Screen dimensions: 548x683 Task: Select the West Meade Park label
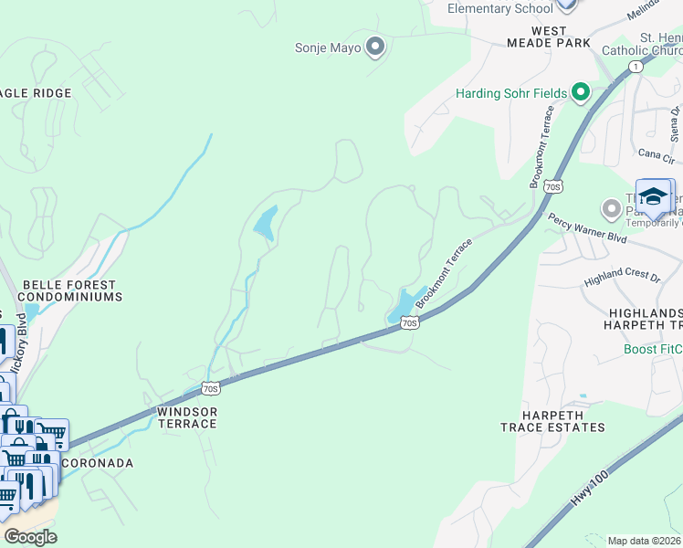tap(548, 37)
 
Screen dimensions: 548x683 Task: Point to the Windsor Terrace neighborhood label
tap(186, 417)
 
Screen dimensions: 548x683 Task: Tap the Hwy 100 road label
tap(583, 493)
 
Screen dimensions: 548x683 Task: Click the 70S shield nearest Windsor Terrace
tap(210, 389)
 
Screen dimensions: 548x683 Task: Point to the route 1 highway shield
tap(636, 67)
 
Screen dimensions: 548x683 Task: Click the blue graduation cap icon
tap(653, 197)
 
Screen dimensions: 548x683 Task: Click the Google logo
tap(31, 537)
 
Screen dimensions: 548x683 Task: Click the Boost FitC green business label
tap(652, 349)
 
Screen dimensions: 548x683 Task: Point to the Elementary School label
tap(499, 8)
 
